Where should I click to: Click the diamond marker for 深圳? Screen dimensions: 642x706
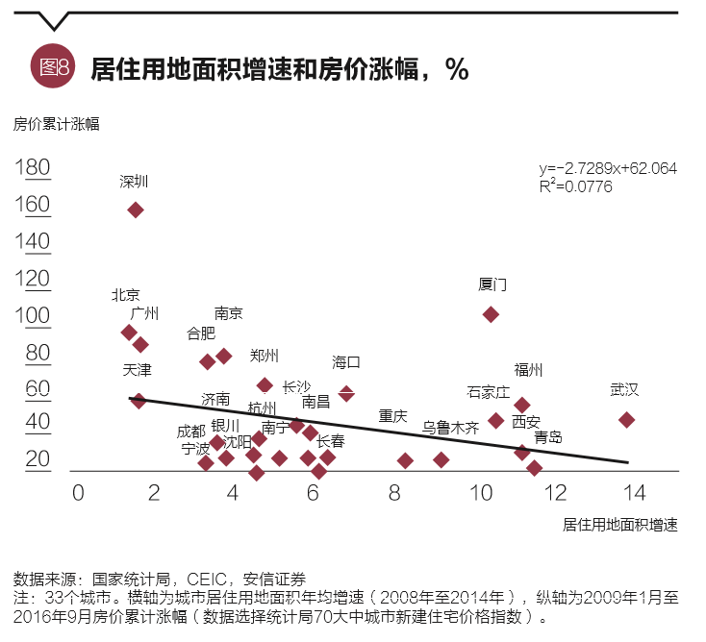pyautogui.click(x=136, y=210)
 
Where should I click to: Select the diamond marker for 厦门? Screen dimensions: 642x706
pyautogui.click(x=491, y=314)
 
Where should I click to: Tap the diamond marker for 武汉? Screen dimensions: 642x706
pyautogui.click(x=626, y=420)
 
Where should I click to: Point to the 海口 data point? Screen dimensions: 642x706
pyautogui.click(x=346, y=393)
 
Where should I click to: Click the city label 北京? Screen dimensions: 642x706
pyautogui.click(x=126, y=295)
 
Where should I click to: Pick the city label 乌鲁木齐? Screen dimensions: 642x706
pyautogui.click(x=450, y=428)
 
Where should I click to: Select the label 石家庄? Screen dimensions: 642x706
pyautogui.click(x=489, y=392)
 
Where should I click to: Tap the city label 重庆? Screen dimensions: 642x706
pyautogui.click(x=392, y=416)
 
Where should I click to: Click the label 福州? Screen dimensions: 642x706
pyautogui.click(x=528, y=370)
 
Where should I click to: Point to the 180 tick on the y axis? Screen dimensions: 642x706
pyautogui.click(x=34, y=168)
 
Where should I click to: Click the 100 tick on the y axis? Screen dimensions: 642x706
pyautogui.click(x=34, y=316)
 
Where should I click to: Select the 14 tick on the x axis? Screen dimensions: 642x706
pyautogui.click(x=633, y=491)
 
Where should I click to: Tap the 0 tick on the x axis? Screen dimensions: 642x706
pyautogui.click(x=79, y=491)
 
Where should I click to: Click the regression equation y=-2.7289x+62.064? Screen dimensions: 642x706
pyautogui.click(x=608, y=168)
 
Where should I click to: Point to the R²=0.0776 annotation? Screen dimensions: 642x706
pyautogui.click(x=576, y=185)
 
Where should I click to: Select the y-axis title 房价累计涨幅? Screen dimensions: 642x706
pyautogui.click(x=56, y=124)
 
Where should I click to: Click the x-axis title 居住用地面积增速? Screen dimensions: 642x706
pyautogui.click(x=620, y=525)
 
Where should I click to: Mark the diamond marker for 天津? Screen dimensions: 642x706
pyautogui.click(x=139, y=401)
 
